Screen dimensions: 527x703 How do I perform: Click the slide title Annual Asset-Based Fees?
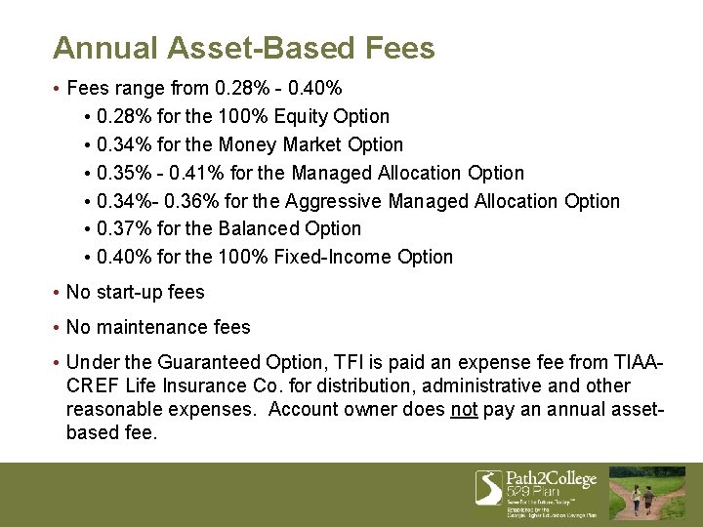(x=244, y=48)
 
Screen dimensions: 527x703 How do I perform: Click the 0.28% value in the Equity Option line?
(x=122, y=116)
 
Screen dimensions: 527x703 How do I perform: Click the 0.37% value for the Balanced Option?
(x=122, y=228)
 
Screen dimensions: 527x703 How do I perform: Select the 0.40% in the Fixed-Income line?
(x=122, y=257)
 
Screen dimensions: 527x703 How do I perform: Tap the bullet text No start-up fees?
(x=135, y=292)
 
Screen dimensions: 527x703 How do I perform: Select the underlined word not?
(x=464, y=410)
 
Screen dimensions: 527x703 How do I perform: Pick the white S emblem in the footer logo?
(x=488, y=487)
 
